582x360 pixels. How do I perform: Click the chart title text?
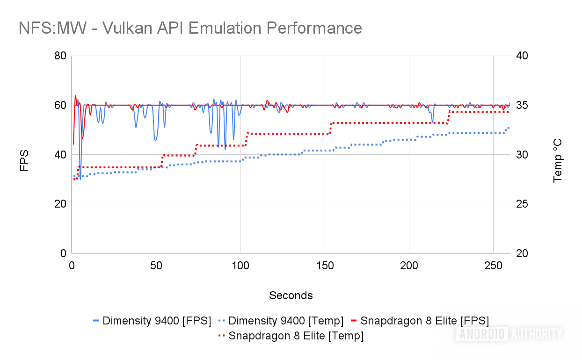point(190,28)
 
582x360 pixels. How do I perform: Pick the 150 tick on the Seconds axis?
point(325,265)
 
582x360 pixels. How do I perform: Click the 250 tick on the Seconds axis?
point(493,265)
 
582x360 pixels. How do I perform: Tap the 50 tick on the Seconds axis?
point(156,265)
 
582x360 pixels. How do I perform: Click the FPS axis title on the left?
point(25,160)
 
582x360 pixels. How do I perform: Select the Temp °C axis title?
point(558,160)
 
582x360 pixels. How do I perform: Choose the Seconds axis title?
point(291,295)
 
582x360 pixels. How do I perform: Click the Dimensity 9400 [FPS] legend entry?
point(152,321)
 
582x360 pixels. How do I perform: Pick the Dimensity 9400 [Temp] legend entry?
point(281,321)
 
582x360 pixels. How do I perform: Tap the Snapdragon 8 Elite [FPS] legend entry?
point(420,321)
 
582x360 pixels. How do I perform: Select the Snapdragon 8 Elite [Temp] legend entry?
point(291,336)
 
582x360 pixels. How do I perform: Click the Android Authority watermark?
point(509,334)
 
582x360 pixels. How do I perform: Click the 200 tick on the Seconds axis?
point(409,265)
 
